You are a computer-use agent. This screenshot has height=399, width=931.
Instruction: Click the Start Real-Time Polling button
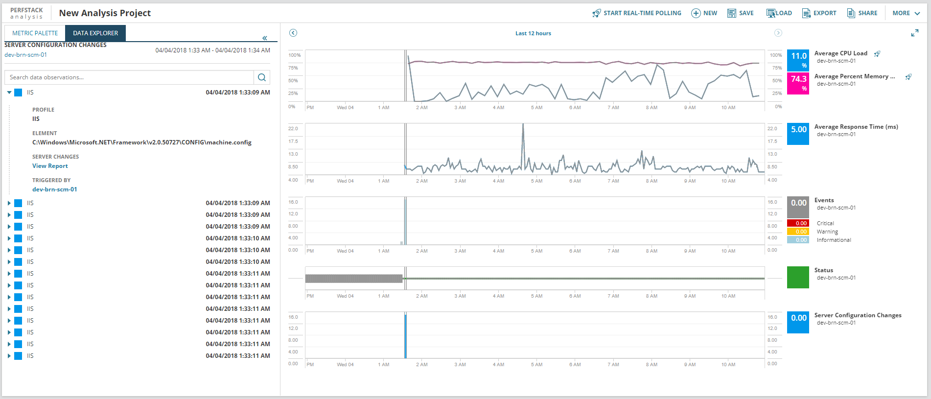(637, 13)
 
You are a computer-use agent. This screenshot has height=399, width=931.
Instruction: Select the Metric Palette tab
(35, 33)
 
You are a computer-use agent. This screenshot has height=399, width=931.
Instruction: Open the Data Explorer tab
(95, 33)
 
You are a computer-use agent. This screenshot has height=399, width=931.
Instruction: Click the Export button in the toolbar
(819, 13)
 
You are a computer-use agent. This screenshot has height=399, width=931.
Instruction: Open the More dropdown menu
(906, 13)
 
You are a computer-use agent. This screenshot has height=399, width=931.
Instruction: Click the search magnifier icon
(262, 77)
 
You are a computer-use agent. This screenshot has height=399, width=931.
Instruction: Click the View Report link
(50, 166)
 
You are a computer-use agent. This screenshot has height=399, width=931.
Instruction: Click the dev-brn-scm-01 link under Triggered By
(54, 189)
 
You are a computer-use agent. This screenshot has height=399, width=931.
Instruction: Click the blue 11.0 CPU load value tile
(798, 60)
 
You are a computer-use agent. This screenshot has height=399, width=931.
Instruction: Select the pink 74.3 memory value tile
(798, 83)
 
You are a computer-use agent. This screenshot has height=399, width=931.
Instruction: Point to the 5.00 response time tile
(798, 134)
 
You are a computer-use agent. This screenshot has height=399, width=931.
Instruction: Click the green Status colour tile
(798, 277)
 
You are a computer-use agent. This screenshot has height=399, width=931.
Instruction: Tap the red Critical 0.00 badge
(798, 223)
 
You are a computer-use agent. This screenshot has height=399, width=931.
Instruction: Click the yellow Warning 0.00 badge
(798, 232)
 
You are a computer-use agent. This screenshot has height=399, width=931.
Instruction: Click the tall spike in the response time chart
(523, 132)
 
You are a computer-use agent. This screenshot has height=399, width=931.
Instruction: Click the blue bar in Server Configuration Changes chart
(405, 338)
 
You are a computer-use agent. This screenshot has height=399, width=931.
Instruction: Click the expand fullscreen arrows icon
(914, 33)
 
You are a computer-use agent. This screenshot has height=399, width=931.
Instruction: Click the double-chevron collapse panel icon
(265, 38)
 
